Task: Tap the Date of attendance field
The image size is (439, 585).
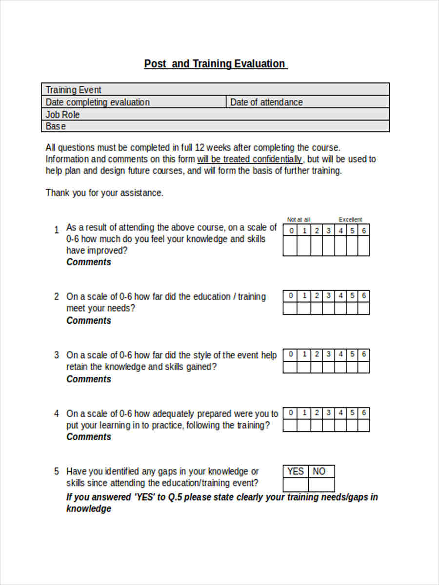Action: pyautogui.click(x=266, y=102)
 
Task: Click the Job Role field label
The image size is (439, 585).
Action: pyautogui.click(x=62, y=115)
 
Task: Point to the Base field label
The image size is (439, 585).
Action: pyautogui.click(x=56, y=126)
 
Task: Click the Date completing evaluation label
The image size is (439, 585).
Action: pyautogui.click(x=98, y=102)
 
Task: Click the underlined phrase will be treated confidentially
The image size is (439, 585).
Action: pyautogui.click(x=249, y=159)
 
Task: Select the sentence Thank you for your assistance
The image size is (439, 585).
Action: pyautogui.click(x=104, y=193)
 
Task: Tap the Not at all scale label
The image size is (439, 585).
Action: pyautogui.click(x=299, y=219)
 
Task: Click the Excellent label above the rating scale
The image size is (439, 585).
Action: pyautogui.click(x=350, y=219)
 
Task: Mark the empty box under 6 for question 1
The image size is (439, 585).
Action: pyautogui.click(x=363, y=246)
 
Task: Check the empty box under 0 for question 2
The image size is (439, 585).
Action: pyautogui.click(x=291, y=308)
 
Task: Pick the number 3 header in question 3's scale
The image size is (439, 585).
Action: pyautogui.click(x=328, y=354)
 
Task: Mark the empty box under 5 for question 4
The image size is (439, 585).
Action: pyautogui.click(x=352, y=425)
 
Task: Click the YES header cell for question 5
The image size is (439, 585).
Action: pyautogui.click(x=295, y=471)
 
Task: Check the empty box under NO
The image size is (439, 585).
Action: pyautogui.click(x=321, y=485)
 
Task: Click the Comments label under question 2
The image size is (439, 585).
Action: pyautogui.click(x=89, y=321)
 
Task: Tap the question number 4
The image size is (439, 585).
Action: pyautogui.click(x=57, y=413)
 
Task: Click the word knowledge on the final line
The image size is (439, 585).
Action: pyautogui.click(x=89, y=509)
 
